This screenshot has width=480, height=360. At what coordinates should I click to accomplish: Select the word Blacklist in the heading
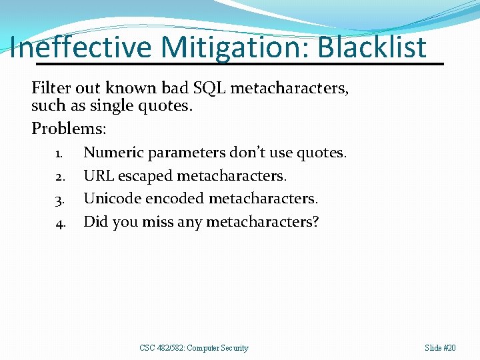coord(372,47)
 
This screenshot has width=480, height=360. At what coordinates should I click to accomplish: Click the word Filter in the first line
coord(48,88)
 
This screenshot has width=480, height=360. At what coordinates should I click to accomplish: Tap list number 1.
coord(59,154)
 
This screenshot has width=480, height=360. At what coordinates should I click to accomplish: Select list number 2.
coord(59,177)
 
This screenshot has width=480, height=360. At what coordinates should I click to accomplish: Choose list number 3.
coord(59,200)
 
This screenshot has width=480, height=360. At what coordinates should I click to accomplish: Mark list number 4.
coord(59,223)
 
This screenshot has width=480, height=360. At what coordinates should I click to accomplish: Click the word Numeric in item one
coord(113,153)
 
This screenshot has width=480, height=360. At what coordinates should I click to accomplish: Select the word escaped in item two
coord(145,176)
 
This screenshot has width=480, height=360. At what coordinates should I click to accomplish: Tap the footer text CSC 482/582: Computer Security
coord(194,348)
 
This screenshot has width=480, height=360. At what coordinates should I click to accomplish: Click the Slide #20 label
coord(441,348)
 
